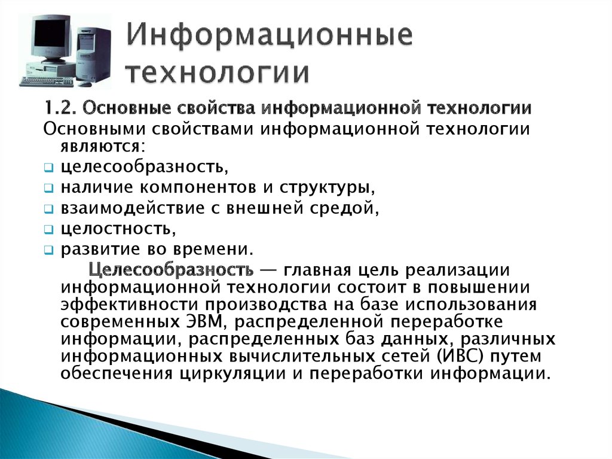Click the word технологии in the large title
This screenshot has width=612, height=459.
click(x=219, y=73)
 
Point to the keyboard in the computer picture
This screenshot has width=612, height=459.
click(x=46, y=81)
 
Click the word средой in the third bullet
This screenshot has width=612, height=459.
click(x=344, y=208)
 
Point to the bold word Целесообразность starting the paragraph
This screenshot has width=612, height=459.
click(x=171, y=270)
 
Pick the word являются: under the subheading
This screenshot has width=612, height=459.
click(x=102, y=147)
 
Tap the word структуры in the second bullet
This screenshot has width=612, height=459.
click(x=327, y=188)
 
